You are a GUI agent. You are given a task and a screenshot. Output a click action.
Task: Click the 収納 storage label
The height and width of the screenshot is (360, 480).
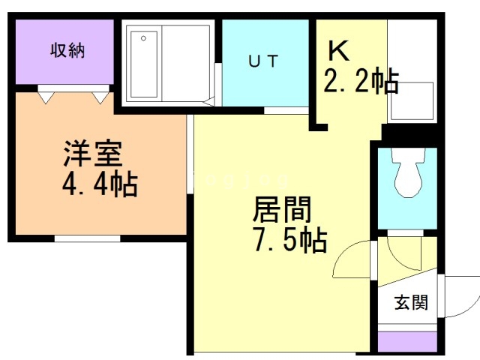click(x=67, y=51)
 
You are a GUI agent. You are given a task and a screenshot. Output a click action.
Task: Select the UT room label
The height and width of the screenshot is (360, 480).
click(x=263, y=61)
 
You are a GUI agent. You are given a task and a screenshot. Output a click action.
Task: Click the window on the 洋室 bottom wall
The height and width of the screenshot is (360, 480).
click(x=87, y=238)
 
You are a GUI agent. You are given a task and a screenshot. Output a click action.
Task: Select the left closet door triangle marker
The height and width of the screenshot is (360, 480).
click(x=46, y=96)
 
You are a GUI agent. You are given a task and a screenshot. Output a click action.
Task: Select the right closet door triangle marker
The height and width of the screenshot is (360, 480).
click(x=100, y=96)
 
